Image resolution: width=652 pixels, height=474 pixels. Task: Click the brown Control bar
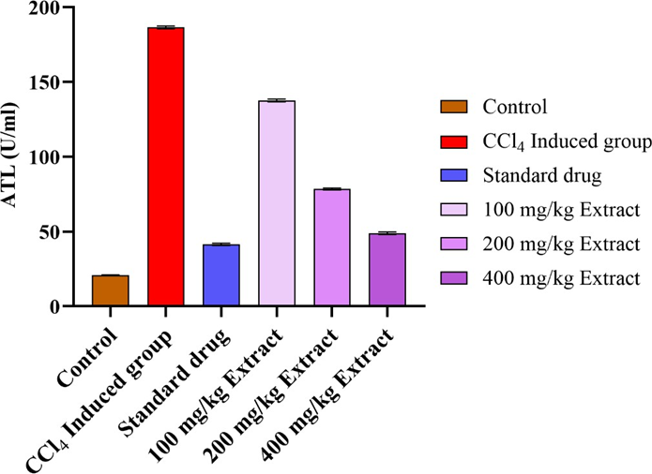110,290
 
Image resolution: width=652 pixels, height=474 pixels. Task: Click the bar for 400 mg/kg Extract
387,270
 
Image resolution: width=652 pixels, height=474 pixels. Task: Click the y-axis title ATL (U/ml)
13,156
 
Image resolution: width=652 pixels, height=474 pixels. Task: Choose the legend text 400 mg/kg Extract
561,278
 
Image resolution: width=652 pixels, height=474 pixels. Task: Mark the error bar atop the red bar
166,27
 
